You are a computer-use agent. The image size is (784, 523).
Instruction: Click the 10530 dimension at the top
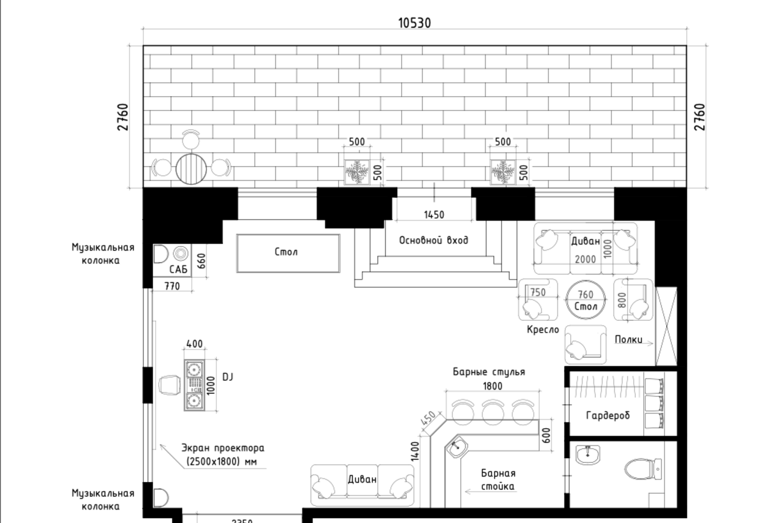click(414, 23)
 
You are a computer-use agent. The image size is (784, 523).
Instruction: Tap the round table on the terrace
click(192, 167)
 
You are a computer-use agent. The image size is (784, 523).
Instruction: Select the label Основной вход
click(434, 240)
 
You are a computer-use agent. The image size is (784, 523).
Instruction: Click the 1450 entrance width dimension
click(434, 215)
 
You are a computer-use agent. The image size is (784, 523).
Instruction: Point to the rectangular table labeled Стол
click(288, 252)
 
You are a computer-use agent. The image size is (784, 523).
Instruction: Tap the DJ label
click(228, 377)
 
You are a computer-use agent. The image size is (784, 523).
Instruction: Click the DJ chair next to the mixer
click(168, 386)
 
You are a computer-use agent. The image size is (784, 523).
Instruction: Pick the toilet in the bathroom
click(643, 470)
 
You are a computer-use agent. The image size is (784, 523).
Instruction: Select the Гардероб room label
click(608, 416)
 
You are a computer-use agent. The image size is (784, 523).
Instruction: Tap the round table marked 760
click(586, 299)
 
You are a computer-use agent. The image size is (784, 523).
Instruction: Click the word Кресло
click(543, 329)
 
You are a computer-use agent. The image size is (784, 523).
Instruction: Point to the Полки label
click(627, 339)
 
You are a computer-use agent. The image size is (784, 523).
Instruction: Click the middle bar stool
click(492, 411)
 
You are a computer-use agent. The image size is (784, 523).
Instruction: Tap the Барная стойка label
click(497, 480)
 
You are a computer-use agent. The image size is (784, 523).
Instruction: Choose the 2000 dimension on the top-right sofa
click(585, 259)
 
